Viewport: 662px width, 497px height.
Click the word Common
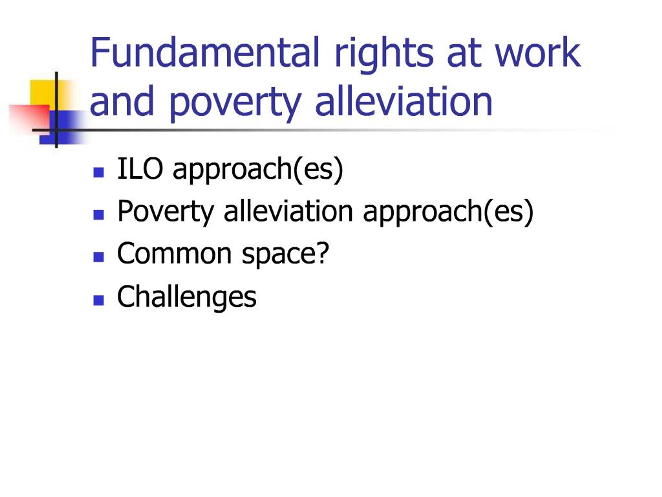click(175, 254)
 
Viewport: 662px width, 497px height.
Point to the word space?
click(285, 255)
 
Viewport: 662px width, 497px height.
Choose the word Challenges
click(187, 297)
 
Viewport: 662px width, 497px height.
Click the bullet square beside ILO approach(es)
click(99, 172)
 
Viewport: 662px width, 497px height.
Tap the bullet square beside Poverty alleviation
click(99, 215)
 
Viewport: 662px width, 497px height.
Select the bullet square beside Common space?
click(99, 257)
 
